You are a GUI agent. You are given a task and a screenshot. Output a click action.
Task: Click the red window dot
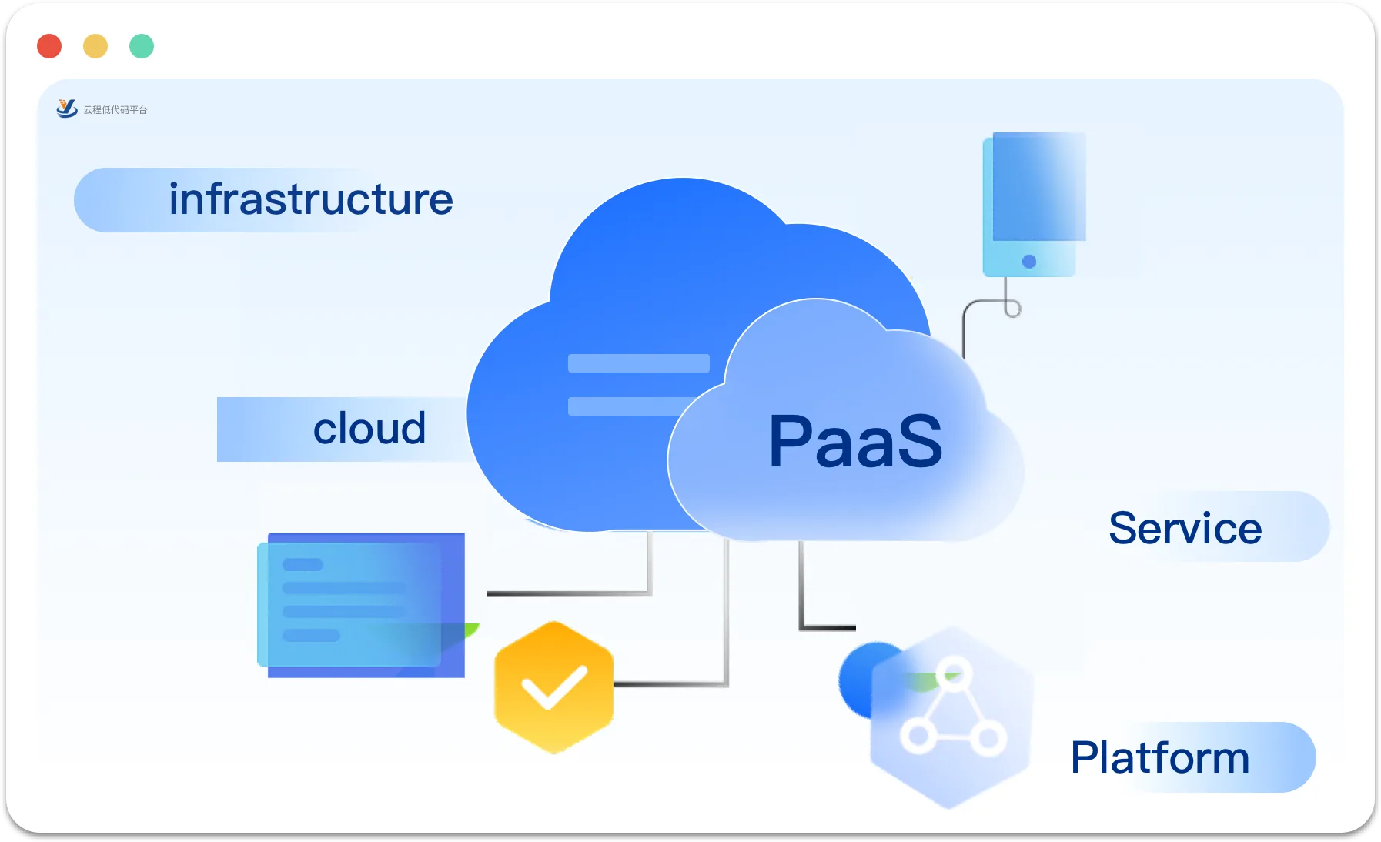[x=49, y=46]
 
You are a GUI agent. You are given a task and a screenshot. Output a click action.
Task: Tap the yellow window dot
[x=95, y=46]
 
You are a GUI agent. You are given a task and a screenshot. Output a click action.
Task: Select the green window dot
[x=142, y=46]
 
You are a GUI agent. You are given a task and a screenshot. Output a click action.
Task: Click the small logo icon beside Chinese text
[x=67, y=109]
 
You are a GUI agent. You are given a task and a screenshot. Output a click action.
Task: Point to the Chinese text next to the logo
[x=115, y=110]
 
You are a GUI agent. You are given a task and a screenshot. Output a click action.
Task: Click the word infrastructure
[x=311, y=199]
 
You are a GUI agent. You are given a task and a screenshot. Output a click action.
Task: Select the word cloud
[x=369, y=428]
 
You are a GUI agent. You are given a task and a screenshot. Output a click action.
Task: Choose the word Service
[x=1185, y=528]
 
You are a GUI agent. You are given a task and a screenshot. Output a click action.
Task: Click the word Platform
[x=1160, y=757]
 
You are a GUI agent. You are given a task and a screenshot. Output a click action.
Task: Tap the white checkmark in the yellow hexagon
[x=554, y=686]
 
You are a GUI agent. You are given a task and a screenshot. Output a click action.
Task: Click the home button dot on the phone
[x=1029, y=262]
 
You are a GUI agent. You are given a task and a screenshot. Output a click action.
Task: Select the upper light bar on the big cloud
[x=639, y=363]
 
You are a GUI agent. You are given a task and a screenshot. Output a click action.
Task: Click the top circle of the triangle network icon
[x=955, y=673]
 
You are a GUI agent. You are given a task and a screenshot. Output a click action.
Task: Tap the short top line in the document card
[x=303, y=564]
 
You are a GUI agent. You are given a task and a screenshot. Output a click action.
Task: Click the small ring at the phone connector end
[x=1013, y=309]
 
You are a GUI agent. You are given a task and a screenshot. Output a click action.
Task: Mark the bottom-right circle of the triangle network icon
[x=988, y=739]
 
